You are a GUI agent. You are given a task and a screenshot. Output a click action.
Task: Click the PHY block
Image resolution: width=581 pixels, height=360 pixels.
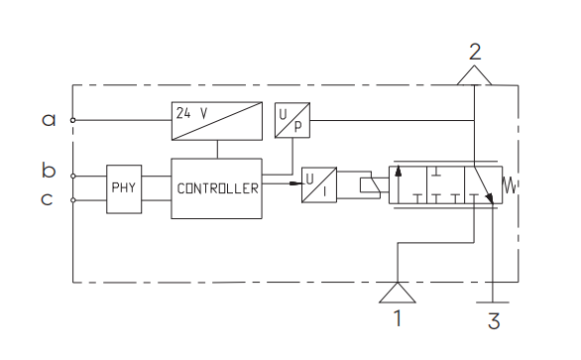tap(124, 189)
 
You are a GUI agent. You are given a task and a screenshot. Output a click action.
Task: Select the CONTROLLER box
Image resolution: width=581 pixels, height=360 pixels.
tap(217, 188)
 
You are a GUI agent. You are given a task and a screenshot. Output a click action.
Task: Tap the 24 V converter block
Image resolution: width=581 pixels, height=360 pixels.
tap(217, 121)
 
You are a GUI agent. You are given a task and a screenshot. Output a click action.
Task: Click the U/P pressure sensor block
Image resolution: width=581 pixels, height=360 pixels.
tap(292, 120)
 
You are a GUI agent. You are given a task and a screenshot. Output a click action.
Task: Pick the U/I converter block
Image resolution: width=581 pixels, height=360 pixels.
tap(319, 185)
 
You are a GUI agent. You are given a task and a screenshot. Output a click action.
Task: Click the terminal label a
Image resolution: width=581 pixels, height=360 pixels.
tap(49, 120)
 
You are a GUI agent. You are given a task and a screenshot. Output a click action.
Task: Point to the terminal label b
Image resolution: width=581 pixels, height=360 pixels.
tap(49, 170)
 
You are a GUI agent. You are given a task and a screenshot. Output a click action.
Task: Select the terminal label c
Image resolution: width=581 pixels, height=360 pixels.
tap(47, 199)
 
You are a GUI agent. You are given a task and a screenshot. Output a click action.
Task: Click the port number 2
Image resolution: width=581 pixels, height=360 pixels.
tap(475, 52)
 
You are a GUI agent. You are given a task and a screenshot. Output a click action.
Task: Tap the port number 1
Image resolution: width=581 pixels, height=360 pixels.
tap(398, 318)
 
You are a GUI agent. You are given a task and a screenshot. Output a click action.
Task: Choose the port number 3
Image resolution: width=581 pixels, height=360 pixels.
tap(494, 321)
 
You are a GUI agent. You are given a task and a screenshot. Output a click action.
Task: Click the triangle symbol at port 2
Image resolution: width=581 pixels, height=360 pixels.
tap(474, 75)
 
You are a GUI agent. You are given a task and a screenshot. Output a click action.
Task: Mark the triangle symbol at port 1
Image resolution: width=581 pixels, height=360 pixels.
tap(398, 293)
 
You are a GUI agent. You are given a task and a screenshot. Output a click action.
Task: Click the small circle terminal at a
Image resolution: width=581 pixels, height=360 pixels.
tap(73, 120)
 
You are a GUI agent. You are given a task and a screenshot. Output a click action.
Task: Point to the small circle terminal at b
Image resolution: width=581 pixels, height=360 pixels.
tap(73, 177)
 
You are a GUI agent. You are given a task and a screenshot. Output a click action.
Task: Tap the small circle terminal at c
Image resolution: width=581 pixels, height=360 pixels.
tap(73, 200)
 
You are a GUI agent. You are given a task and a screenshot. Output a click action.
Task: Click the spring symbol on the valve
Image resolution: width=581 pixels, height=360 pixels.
tap(510, 185)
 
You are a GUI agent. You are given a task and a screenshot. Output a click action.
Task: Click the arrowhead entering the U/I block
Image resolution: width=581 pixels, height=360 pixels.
tap(295, 183)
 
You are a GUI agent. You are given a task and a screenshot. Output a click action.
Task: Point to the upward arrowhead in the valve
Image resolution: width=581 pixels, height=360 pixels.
tap(399, 171)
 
